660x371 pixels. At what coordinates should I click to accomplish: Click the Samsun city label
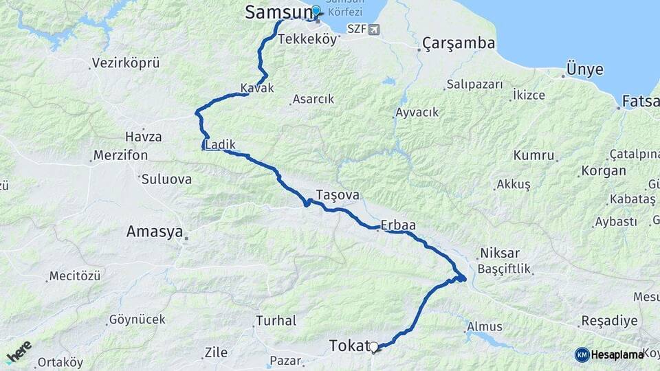point(276,12)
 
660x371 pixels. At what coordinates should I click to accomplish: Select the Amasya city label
point(154,232)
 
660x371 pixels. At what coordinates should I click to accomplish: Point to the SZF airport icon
point(373,29)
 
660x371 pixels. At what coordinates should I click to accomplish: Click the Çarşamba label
point(459,43)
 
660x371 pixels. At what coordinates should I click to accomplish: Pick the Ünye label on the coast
point(584,69)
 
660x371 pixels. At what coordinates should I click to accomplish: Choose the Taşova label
point(338,194)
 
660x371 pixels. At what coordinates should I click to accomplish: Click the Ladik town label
point(221,145)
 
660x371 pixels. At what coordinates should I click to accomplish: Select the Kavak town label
point(257,89)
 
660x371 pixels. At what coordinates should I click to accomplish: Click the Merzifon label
point(121,155)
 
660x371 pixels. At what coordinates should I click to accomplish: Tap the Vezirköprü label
point(126,63)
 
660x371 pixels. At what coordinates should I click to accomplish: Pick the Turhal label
point(276,320)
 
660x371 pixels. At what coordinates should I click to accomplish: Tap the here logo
point(19,351)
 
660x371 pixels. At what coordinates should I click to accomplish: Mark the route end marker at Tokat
point(374,348)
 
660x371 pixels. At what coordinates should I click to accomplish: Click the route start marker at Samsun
point(316,12)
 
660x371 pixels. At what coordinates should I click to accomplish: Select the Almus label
point(485,326)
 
